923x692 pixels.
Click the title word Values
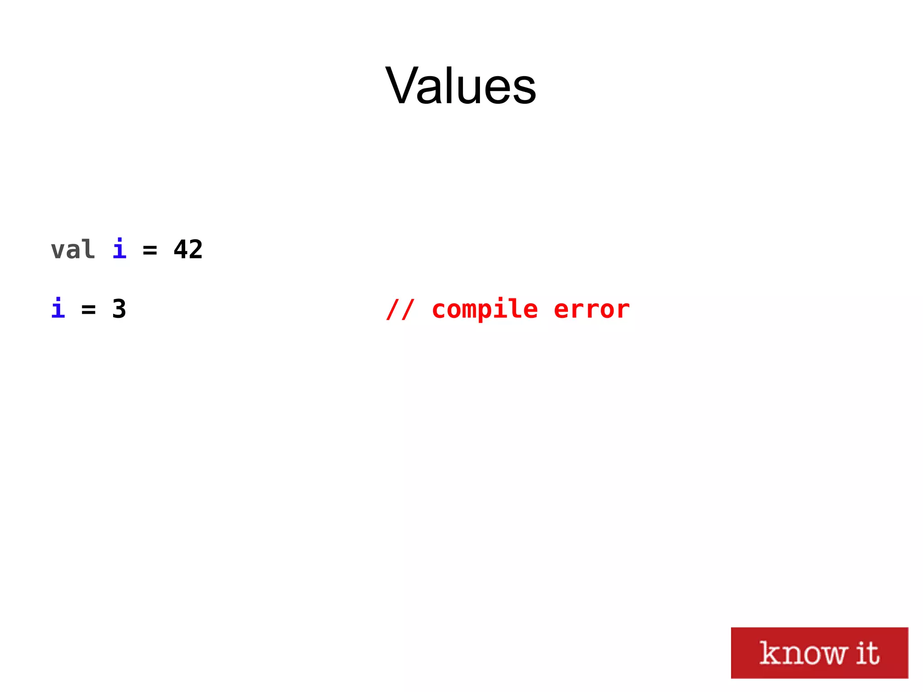[461, 86]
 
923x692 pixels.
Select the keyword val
[73, 250]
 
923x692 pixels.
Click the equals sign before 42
[150, 250]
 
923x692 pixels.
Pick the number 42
[188, 249]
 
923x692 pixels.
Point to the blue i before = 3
[58, 308]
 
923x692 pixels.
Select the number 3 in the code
[119, 309]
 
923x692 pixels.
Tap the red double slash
[400, 309]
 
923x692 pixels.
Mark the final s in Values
[524, 90]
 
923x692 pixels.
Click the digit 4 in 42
[181, 249]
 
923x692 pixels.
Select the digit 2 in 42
[196, 249]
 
